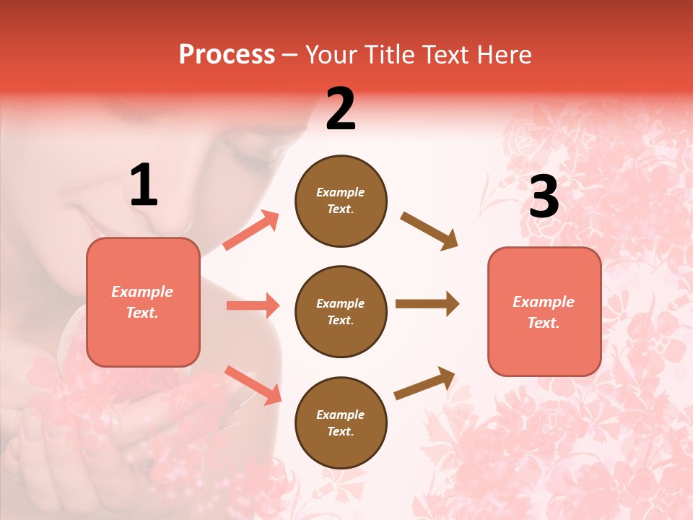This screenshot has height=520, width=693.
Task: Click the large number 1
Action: (144, 186)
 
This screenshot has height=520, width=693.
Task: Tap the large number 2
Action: (341, 109)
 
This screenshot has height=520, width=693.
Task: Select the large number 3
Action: (544, 196)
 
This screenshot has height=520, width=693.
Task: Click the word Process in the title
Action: (227, 55)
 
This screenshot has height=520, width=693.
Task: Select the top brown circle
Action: (341, 201)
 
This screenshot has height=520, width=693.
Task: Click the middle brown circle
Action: (341, 311)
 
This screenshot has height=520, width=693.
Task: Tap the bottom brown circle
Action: (341, 422)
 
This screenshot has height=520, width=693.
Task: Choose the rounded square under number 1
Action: (143, 302)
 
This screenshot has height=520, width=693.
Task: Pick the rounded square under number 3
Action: (544, 312)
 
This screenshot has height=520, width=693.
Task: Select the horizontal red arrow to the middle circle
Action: (253, 305)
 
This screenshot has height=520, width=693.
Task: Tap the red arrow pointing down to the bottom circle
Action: (253, 385)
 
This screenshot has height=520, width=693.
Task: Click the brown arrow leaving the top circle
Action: (429, 230)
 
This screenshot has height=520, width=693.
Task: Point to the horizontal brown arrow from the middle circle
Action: (427, 303)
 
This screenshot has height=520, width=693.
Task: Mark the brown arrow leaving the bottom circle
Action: (425, 383)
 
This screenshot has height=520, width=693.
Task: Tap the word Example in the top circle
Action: (341, 192)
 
